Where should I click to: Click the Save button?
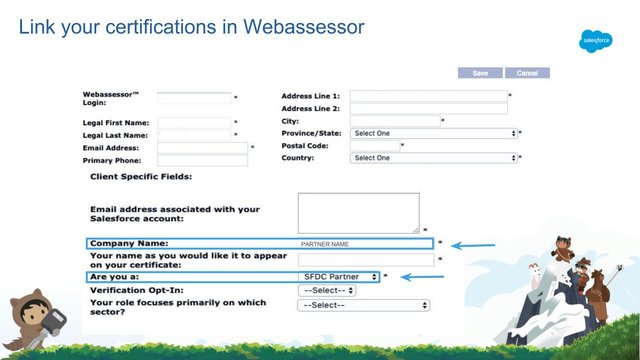click(x=480, y=73)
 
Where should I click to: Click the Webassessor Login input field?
click(x=194, y=98)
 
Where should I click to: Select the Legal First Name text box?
click(x=194, y=123)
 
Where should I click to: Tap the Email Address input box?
click(x=202, y=148)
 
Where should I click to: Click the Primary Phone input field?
click(x=202, y=160)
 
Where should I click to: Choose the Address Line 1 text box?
click(x=428, y=96)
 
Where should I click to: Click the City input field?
click(x=395, y=121)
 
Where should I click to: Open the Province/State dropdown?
click(x=433, y=133)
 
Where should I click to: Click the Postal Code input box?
click(x=374, y=145)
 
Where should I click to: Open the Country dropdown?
click(x=433, y=158)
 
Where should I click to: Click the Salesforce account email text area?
click(x=358, y=212)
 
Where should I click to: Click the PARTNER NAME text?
click(x=325, y=244)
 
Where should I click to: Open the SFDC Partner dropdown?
click(x=339, y=276)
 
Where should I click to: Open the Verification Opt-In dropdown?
click(x=326, y=290)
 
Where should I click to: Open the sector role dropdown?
click(x=364, y=305)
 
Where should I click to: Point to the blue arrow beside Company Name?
click(x=475, y=244)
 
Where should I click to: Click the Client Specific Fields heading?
click(x=140, y=177)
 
